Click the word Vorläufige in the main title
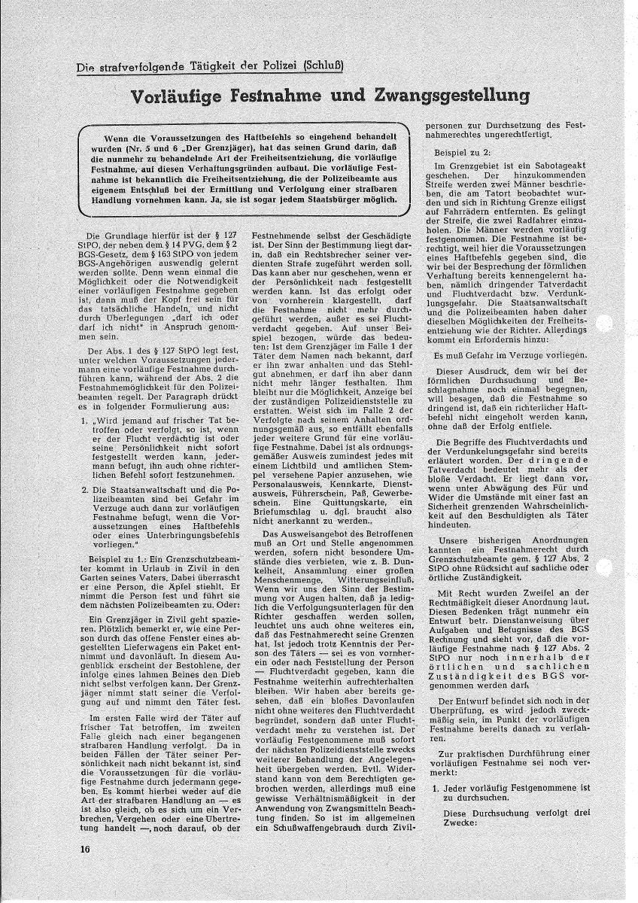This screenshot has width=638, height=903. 180,96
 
